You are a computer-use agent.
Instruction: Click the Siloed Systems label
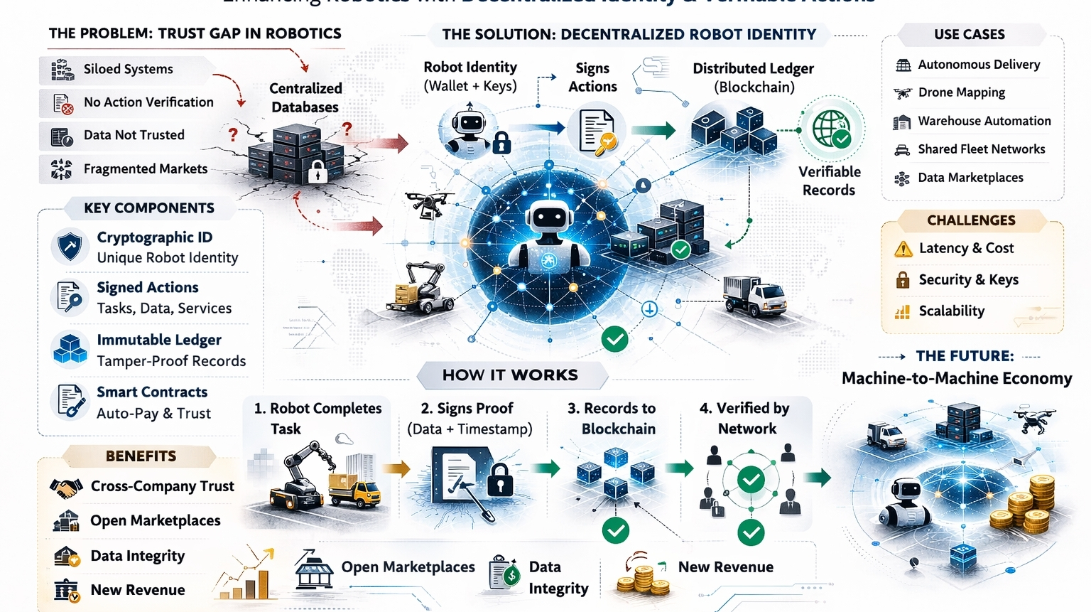[128, 69]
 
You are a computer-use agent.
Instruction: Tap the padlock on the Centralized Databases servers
[317, 171]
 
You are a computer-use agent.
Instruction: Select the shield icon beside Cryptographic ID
[70, 247]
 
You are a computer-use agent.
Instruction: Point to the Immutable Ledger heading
[159, 340]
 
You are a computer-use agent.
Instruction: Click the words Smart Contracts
[152, 392]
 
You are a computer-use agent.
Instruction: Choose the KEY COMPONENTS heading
[149, 208]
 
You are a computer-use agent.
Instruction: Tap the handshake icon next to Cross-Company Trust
[66, 488]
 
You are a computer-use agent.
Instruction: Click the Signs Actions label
[592, 77]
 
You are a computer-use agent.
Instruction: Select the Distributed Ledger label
[753, 77]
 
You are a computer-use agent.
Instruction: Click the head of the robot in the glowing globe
[548, 218]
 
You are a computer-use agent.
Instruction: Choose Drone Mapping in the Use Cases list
[961, 92]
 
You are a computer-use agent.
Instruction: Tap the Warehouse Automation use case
[984, 121]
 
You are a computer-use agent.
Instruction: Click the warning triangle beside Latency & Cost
[903, 249]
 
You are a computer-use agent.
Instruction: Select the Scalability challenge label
[951, 311]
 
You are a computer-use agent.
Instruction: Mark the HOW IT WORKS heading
[510, 375]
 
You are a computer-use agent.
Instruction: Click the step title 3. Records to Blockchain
[612, 418]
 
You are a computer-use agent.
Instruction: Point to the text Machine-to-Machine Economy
[956, 378]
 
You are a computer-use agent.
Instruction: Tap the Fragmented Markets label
[146, 168]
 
